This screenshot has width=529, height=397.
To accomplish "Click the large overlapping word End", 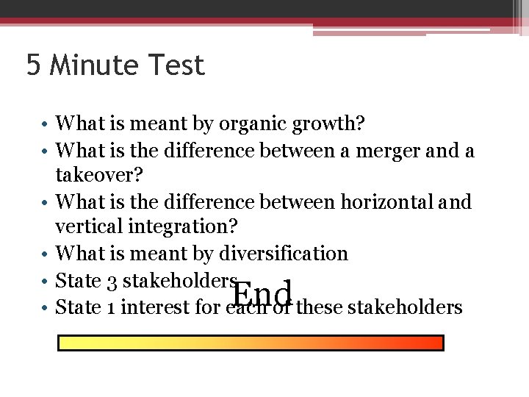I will [x=263, y=294].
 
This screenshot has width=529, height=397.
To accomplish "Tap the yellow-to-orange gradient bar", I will [x=251, y=343].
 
